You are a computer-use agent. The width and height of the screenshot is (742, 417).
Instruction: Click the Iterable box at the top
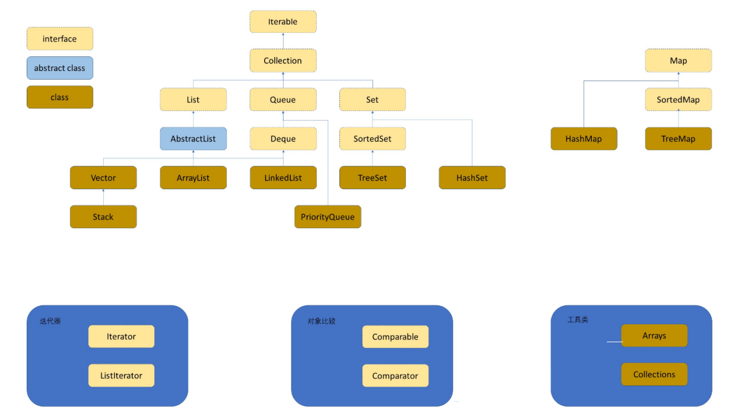tap(283, 22)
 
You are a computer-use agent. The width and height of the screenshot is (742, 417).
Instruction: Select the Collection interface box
tap(283, 61)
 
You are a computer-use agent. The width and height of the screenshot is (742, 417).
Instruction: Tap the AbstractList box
tap(193, 138)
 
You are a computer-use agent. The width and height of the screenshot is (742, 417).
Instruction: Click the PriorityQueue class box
tap(328, 217)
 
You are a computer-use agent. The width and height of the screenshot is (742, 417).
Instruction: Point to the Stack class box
tap(103, 217)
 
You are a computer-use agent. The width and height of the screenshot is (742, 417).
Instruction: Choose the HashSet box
tap(472, 178)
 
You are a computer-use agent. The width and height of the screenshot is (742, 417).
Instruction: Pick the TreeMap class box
tap(678, 138)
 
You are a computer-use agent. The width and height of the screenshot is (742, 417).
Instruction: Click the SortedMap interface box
tap(678, 99)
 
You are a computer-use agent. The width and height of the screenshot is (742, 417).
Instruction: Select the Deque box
tap(283, 138)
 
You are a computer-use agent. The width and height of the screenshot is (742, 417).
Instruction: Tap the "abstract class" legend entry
tap(60, 68)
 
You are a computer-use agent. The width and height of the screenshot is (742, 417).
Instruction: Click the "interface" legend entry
tap(60, 39)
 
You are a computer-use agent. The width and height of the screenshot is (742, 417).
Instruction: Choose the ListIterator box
tap(121, 375)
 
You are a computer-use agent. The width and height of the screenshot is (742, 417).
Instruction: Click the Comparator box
tap(395, 376)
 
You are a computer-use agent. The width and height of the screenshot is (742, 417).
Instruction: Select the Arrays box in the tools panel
tap(654, 335)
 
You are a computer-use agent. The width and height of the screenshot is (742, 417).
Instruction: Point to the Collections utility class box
tap(654, 374)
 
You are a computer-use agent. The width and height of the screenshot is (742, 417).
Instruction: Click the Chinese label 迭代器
tap(50, 321)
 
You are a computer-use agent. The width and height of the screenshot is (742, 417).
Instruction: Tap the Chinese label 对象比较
tap(322, 321)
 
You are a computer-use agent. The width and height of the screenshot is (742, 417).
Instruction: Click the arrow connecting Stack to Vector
tap(103, 197)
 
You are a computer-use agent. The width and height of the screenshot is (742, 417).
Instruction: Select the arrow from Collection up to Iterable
tap(283, 41)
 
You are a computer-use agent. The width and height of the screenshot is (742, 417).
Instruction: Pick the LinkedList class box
tap(283, 178)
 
